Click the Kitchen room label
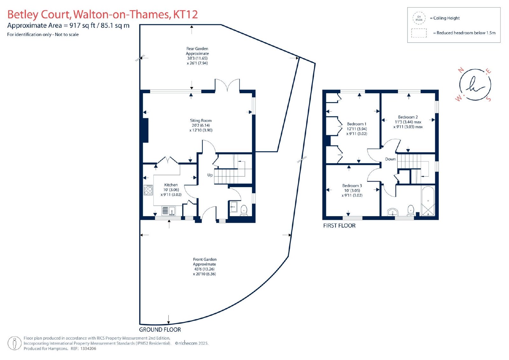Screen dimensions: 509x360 coord(171,185)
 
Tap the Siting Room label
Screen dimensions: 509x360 coord(201,121)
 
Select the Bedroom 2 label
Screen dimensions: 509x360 coord(408,117)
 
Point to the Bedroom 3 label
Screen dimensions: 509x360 coord(352,186)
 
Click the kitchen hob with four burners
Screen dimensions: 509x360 coord(148,190)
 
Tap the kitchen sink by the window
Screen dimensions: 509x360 coord(169,211)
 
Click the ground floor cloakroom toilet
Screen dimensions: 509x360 coord(244,210)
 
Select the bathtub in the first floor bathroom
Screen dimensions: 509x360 coord(428,201)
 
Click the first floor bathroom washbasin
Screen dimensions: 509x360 coord(393,212)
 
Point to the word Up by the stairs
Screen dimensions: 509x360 coord(210,175)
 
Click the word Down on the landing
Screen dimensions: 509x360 coord(390,159)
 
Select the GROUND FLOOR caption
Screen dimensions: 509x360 coord(160,330)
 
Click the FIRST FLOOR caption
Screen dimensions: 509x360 coord(339,226)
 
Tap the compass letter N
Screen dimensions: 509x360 coord(461,70)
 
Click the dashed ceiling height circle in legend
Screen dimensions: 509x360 coord(419,18)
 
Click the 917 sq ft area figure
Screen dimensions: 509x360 coord(82,25)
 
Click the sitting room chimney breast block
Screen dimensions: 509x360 coord(145,130)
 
